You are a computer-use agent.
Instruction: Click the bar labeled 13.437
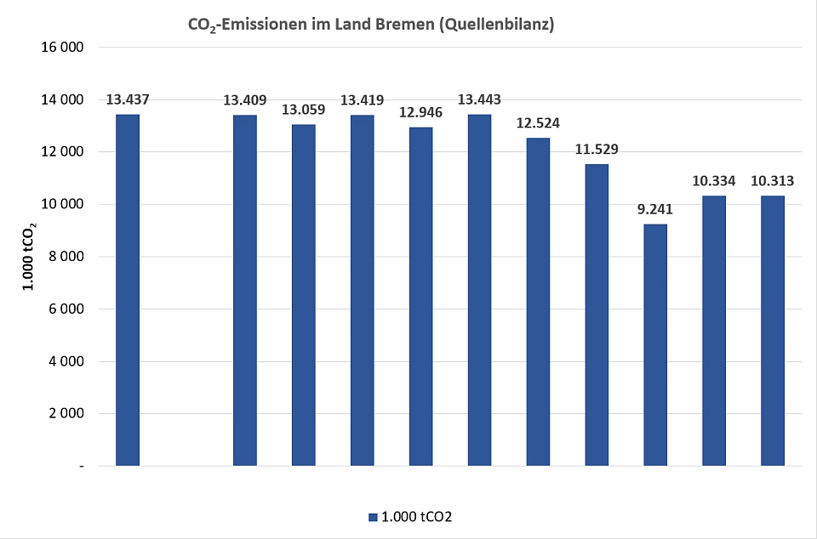pyautogui.click(x=127, y=290)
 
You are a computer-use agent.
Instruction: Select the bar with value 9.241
pyautogui.click(x=655, y=344)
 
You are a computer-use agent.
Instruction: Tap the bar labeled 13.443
pyautogui.click(x=479, y=290)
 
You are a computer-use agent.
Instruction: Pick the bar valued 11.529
pyautogui.click(x=597, y=315)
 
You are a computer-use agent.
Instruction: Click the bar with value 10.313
pyautogui.click(x=773, y=331)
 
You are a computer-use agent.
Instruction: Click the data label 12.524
pyautogui.click(x=538, y=124)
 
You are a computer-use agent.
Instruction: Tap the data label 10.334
pyautogui.click(x=714, y=181)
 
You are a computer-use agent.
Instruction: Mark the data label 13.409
pyautogui.click(x=244, y=100)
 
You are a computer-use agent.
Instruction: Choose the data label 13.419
pyautogui.click(x=362, y=100)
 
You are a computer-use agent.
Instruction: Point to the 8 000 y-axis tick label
pyautogui.click(x=66, y=257)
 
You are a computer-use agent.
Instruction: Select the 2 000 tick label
pyautogui.click(x=66, y=414)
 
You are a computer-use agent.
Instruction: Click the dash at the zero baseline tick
pyautogui.click(x=81, y=467)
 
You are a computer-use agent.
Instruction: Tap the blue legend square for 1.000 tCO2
pyautogui.click(x=372, y=517)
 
